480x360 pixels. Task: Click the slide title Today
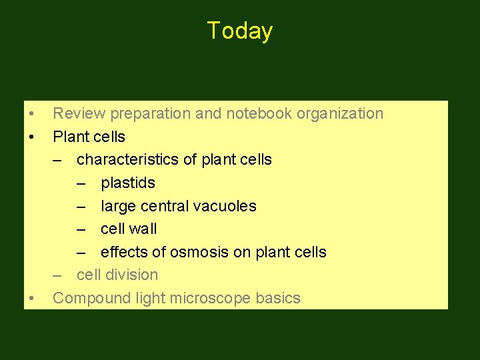pyautogui.click(x=239, y=31)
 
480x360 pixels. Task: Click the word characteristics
pyautogui.click(x=129, y=159)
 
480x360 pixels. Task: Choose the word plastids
pyautogui.click(x=128, y=183)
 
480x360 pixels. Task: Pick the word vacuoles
pyautogui.click(x=225, y=206)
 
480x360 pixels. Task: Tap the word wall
pyautogui.click(x=143, y=229)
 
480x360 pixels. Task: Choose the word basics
pyautogui.click(x=278, y=298)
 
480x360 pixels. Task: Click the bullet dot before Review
pyautogui.click(x=31, y=114)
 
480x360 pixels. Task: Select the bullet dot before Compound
pyautogui.click(x=31, y=299)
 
